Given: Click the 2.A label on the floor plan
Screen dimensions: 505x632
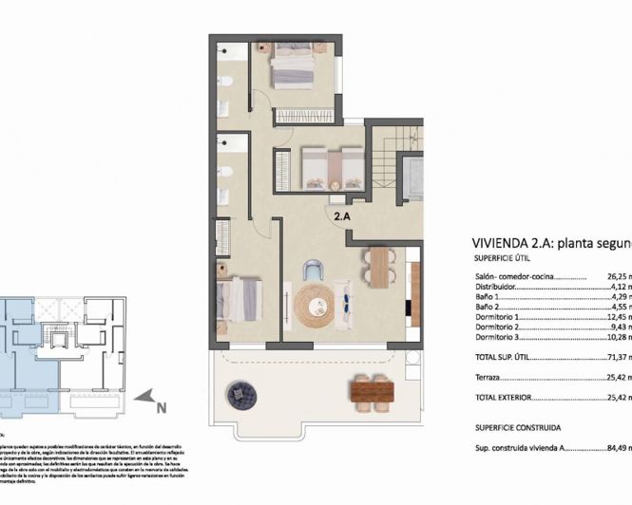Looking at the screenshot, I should [x=342, y=215].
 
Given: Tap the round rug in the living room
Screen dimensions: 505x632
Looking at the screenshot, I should [x=315, y=307].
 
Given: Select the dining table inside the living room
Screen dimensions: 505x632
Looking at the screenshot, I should [x=379, y=266].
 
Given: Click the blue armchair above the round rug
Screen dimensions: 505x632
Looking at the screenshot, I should [x=314, y=271].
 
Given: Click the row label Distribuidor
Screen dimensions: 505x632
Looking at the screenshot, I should [x=495, y=288].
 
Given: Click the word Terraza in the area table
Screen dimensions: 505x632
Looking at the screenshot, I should [x=488, y=377].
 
